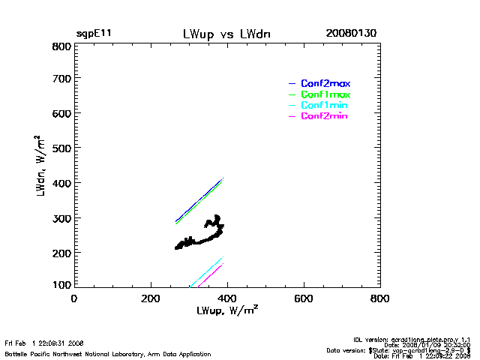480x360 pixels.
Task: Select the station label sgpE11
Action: [x=94, y=34]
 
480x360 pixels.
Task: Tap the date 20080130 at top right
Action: [x=351, y=34]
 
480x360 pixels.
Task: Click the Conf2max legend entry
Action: [x=325, y=83]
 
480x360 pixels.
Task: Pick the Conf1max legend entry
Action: [x=325, y=94]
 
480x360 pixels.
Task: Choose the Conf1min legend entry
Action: [x=324, y=106]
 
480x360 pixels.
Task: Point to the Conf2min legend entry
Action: [x=324, y=116]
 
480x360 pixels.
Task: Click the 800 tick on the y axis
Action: [x=61, y=46]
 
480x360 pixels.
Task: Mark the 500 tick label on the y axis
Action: [x=61, y=148]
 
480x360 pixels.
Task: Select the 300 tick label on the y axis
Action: [x=61, y=218]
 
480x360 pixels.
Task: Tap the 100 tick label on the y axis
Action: [x=61, y=286]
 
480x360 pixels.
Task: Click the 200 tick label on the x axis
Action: [x=151, y=298]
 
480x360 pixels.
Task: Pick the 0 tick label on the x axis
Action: [x=74, y=298]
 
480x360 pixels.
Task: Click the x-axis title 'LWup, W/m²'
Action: [x=228, y=310]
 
